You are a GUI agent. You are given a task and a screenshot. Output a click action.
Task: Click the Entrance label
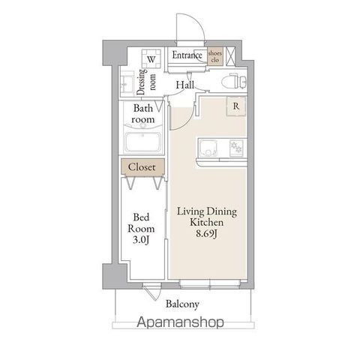tap(187, 55)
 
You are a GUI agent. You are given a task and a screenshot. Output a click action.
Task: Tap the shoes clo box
tap(215, 55)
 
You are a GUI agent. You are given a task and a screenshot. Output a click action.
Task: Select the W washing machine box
tap(151, 58)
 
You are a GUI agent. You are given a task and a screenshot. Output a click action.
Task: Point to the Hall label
tap(185, 86)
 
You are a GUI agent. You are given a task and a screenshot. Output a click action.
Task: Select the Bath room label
tap(144, 113)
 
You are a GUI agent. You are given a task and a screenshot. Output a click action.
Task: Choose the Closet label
tap(142, 167)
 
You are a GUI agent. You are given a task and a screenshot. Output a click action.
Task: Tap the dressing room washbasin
tap(127, 81)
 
